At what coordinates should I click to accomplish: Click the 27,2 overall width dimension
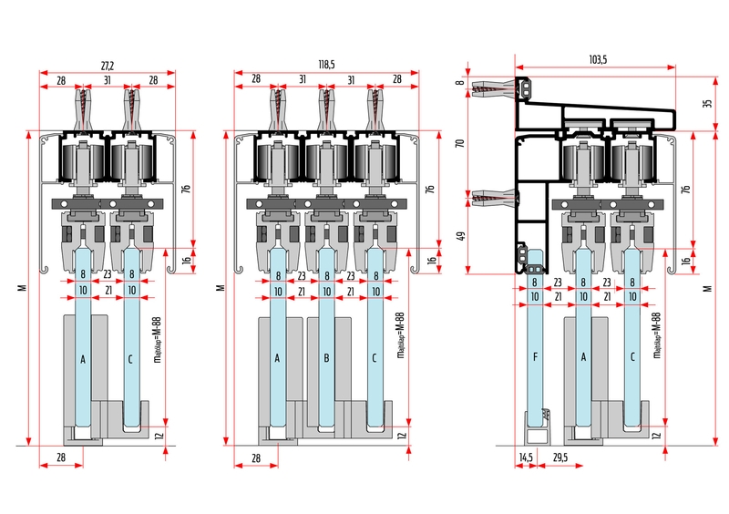108,66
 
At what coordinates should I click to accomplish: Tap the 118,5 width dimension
326,65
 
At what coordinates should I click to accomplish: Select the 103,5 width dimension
598,59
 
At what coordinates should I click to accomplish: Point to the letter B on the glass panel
326,358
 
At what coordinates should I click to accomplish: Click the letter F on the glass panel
535,356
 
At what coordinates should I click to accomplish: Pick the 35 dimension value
708,103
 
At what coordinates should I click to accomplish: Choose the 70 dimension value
460,143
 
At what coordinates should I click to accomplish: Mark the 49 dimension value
460,236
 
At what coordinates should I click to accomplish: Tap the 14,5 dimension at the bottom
526,457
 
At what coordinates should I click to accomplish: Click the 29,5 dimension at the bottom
560,457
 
